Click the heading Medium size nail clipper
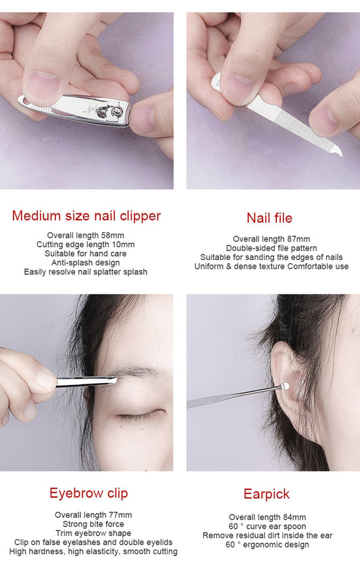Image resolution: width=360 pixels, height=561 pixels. point(86,216)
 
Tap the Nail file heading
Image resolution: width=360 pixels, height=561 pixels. point(269,218)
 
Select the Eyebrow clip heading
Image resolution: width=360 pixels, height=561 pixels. point(88,493)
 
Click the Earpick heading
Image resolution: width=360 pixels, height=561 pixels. point(267,494)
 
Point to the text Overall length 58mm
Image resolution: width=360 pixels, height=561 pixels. point(86,236)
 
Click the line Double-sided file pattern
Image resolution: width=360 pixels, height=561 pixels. point(272,248)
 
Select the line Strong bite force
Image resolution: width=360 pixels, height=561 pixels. point(93,524)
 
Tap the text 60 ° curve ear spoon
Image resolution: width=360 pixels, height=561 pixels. point(267,527)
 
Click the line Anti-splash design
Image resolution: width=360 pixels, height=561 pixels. point(86,263)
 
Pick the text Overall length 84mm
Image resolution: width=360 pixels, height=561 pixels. point(267,517)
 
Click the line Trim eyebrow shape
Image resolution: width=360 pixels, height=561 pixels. point(93,533)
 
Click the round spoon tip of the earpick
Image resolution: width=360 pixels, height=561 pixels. point(285,385)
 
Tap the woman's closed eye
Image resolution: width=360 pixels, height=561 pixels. point(141,415)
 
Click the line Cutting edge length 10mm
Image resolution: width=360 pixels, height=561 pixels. point(86,244)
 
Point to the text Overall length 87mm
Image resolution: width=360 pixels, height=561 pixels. point(272,238)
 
